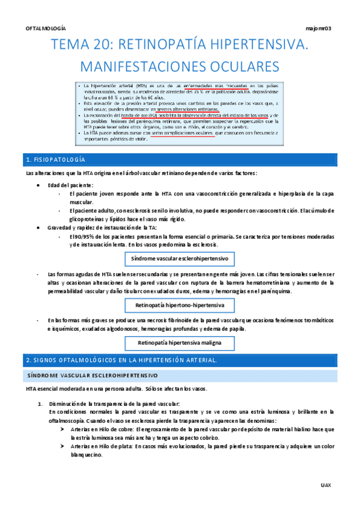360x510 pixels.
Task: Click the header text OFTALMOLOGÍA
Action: pyautogui.click(x=46, y=28)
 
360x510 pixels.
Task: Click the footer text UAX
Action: pyautogui.click(x=325, y=484)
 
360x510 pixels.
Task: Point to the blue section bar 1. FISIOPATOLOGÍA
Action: pyautogui.click(x=180, y=159)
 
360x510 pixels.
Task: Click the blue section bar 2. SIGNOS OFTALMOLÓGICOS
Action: pyautogui.click(x=180, y=360)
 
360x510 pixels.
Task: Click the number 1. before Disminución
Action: pyautogui.click(x=41, y=404)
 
